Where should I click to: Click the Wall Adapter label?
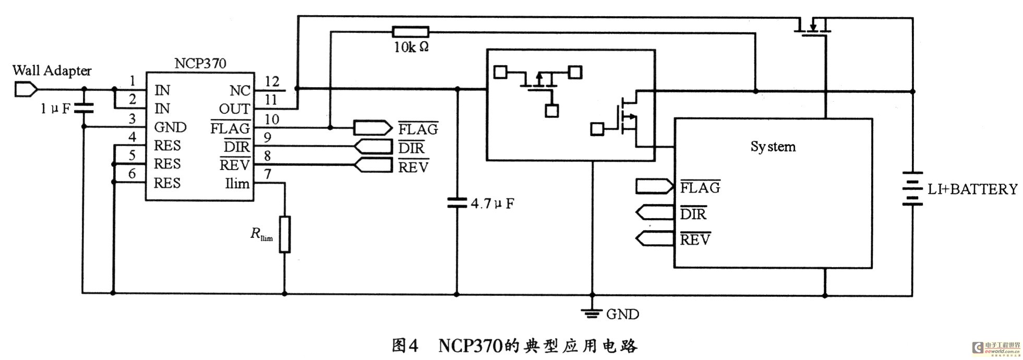(x=52, y=70)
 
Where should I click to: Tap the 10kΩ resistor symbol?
(x=410, y=32)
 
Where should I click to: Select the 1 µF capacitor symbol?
(x=83, y=108)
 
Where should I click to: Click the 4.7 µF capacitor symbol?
(x=456, y=202)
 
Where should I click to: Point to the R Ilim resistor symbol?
(x=284, y=234)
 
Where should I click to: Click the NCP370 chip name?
(x=200, y=64)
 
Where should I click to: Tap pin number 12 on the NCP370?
(x=272, y=81)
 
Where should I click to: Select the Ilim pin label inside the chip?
(x=237, y=184)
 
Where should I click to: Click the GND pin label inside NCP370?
(x=170, y=127)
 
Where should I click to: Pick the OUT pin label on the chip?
(x=234, y=109)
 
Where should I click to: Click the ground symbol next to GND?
(x=592, y=313)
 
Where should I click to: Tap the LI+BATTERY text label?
(x=972, y=189)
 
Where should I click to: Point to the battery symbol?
(x=912, y=188)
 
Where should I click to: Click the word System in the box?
(x=773, y=147)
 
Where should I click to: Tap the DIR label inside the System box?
(x=693, y=213)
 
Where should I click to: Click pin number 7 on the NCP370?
(x=268, y=174)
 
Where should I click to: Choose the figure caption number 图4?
(x=405, y=345)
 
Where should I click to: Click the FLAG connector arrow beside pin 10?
(x=372, y=128)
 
